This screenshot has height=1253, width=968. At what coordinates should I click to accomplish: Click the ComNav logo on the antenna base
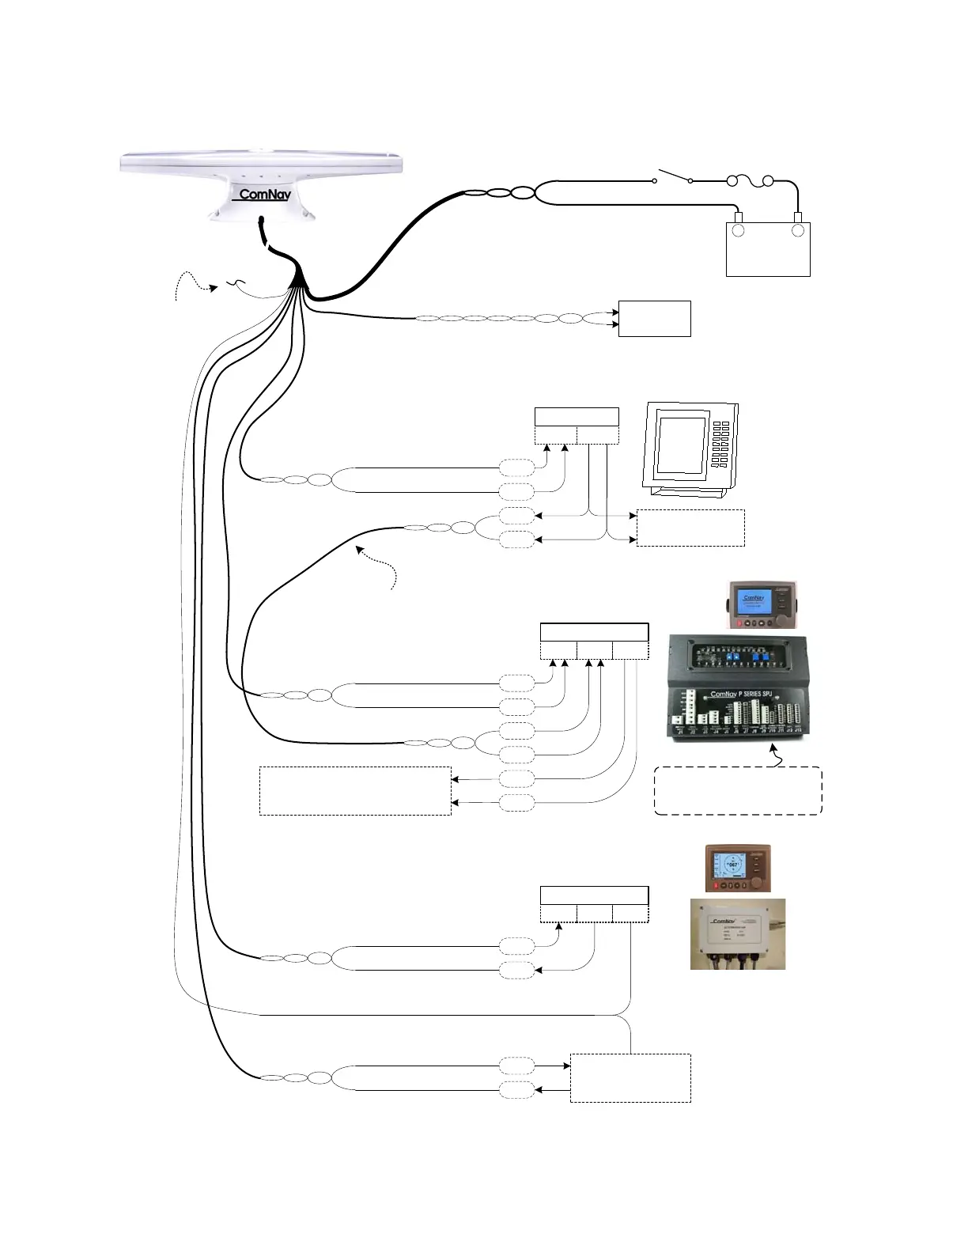264,195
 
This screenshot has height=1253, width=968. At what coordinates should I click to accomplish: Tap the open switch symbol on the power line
672,176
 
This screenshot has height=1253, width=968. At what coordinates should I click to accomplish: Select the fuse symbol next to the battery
750,182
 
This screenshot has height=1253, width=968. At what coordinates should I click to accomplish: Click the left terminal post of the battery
738,229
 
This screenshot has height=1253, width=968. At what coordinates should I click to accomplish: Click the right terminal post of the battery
798,229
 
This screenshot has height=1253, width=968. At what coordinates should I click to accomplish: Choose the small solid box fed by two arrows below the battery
654,318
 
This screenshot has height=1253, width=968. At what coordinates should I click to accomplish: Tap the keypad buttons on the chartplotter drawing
720,444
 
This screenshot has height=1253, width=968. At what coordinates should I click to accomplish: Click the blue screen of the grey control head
753,603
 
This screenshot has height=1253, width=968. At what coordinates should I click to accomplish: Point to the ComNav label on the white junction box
723,921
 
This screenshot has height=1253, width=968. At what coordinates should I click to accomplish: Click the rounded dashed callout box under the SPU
738,790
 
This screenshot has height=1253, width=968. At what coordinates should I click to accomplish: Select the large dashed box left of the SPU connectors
355,790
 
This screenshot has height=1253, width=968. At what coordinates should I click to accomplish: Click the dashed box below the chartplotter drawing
690,528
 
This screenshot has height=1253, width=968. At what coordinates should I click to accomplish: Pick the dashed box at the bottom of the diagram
630,1077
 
